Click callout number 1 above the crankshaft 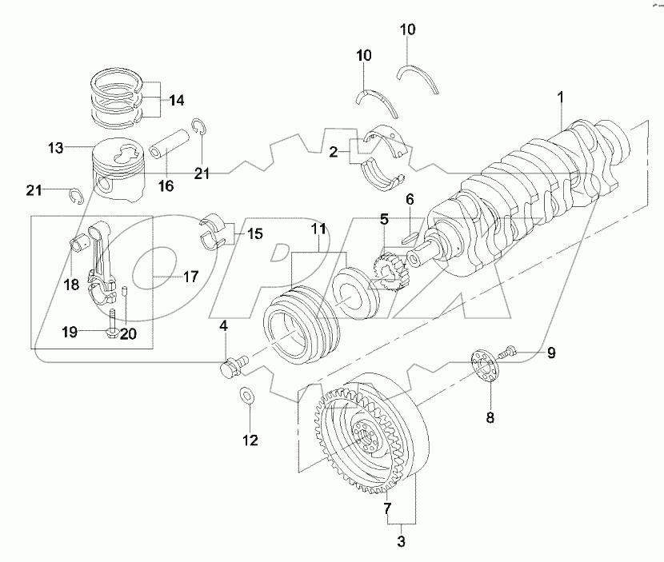click(562, 97)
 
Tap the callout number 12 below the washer click(250, 439)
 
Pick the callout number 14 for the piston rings click(176, 101)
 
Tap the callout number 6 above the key click(409, 199)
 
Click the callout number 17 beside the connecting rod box click(190, 277)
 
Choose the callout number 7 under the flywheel click(387, 508)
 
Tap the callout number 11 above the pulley click(319, 229)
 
